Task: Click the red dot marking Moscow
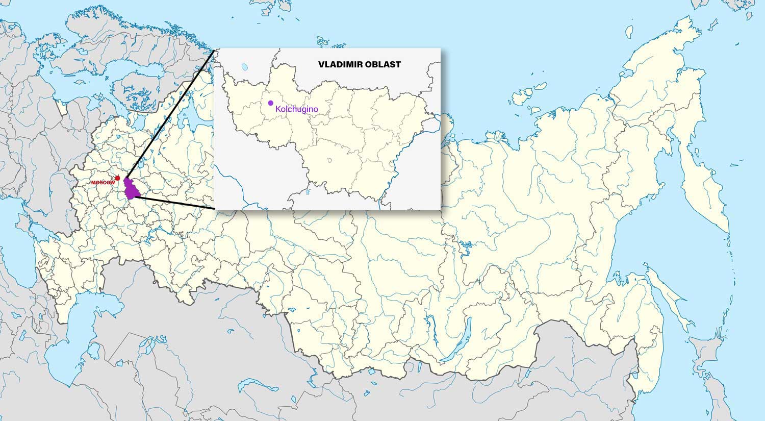point(117,178)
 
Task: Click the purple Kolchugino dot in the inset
point(271,103)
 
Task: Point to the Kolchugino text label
point(296,109)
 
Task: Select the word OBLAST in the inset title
point(383,65)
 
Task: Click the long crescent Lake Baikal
point(431,327)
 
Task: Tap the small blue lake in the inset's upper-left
point(245,67)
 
